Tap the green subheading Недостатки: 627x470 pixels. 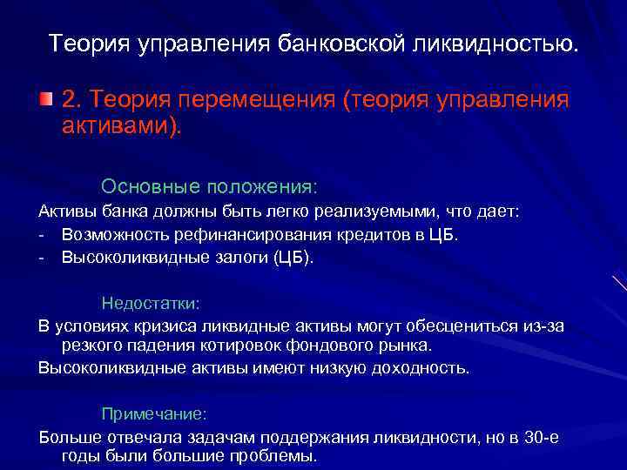(x=151, y=304)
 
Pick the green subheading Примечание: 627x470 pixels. (x=154, y=413)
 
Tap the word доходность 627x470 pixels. (x=420, y=367)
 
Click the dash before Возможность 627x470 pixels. (x=42, y=235)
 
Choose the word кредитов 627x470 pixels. (x=382, y=235)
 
